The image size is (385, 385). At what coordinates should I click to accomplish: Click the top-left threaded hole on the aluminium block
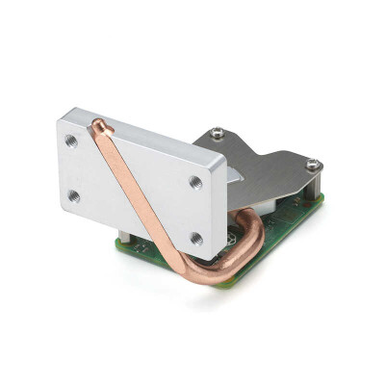pyautogui.click(x=72, y=141)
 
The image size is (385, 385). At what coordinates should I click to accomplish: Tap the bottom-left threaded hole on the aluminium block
pyautogui.click(x=74, y=195)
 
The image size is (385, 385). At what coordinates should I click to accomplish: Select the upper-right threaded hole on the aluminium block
pyautogui.click(x=195, y=181)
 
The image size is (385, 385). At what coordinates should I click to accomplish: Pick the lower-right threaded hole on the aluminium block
pyautogui.click(x=196, y=237)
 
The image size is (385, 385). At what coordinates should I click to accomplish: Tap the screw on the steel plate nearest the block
pyautogui.click(x=218, y=133)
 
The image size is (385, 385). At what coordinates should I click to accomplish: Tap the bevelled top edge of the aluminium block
pyautogui.click(x=144, y=130)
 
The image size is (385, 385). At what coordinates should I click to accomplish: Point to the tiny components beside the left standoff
pyautogui.click(x=140, y=247)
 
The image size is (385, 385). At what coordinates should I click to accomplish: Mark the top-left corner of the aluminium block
pyautogui.click(x=59, y=118)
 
